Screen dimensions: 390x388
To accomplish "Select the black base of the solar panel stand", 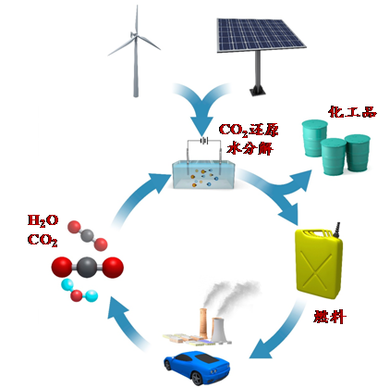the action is pos(257,90).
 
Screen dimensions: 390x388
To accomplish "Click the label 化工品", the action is pos(352,112).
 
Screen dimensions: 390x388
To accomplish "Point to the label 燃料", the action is pos(330,317).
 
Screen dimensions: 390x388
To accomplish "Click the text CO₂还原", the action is pos(249,130).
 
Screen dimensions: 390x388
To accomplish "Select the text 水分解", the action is pos(250,148).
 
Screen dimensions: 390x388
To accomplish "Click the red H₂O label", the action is pos(43,220).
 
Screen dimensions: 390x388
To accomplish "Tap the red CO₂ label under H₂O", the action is pos(43,240).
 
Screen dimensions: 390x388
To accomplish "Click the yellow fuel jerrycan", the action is pos(319,262).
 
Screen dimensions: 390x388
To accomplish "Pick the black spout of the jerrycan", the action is pos(336,230).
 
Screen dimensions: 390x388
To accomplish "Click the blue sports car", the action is pos(197,368).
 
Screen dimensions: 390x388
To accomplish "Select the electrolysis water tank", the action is pos(203,174).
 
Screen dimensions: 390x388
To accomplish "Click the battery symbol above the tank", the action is pos(203,141).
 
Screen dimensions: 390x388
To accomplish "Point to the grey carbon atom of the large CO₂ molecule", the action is pos(87,268).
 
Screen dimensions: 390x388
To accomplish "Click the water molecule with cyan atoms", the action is pos(79,291).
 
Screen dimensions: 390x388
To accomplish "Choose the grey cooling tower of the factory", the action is pos(219,331).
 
